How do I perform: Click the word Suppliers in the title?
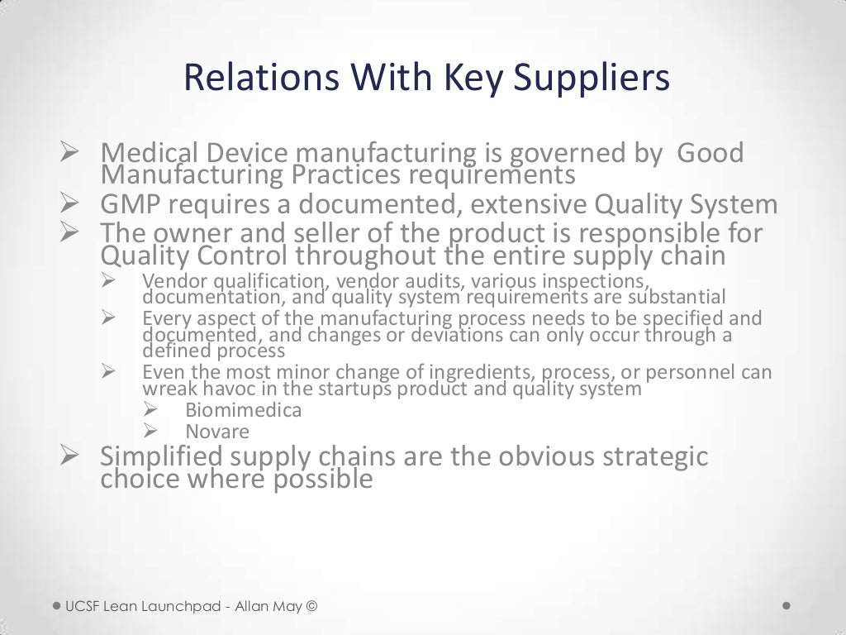click(x=592, y=78)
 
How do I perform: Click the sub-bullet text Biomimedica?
click(x=243, y=410)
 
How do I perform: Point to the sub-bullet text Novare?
click(x=216, y=432)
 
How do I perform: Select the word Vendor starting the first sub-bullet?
click(x=168, y=280)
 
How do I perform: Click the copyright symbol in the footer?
click(x=311, y=607)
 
